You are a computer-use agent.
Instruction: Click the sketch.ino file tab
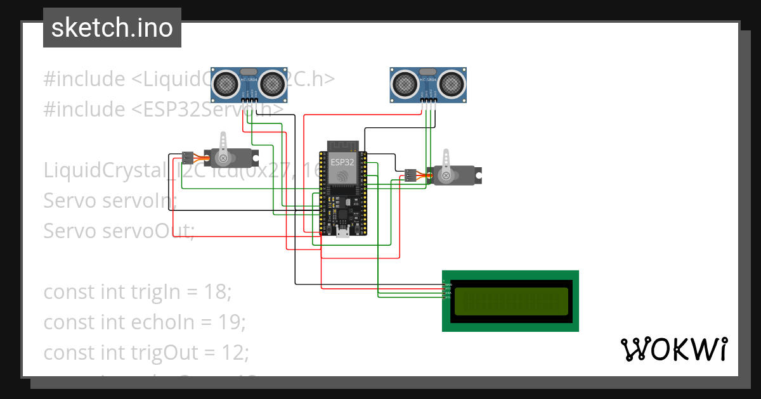pyautogui.click(x=112, y=28)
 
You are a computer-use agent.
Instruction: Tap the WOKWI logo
pyautogui.click(x=673, y=350)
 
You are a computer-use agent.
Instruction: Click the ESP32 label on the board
pyautogui.click(x=342, y=162)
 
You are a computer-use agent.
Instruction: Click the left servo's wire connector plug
pyautogui.click(x=187, y=156)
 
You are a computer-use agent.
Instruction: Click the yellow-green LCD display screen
pyautogui.click(x=511, y=301)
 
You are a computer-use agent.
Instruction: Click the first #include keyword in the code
pyautogui.click(x=84, y=79)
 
